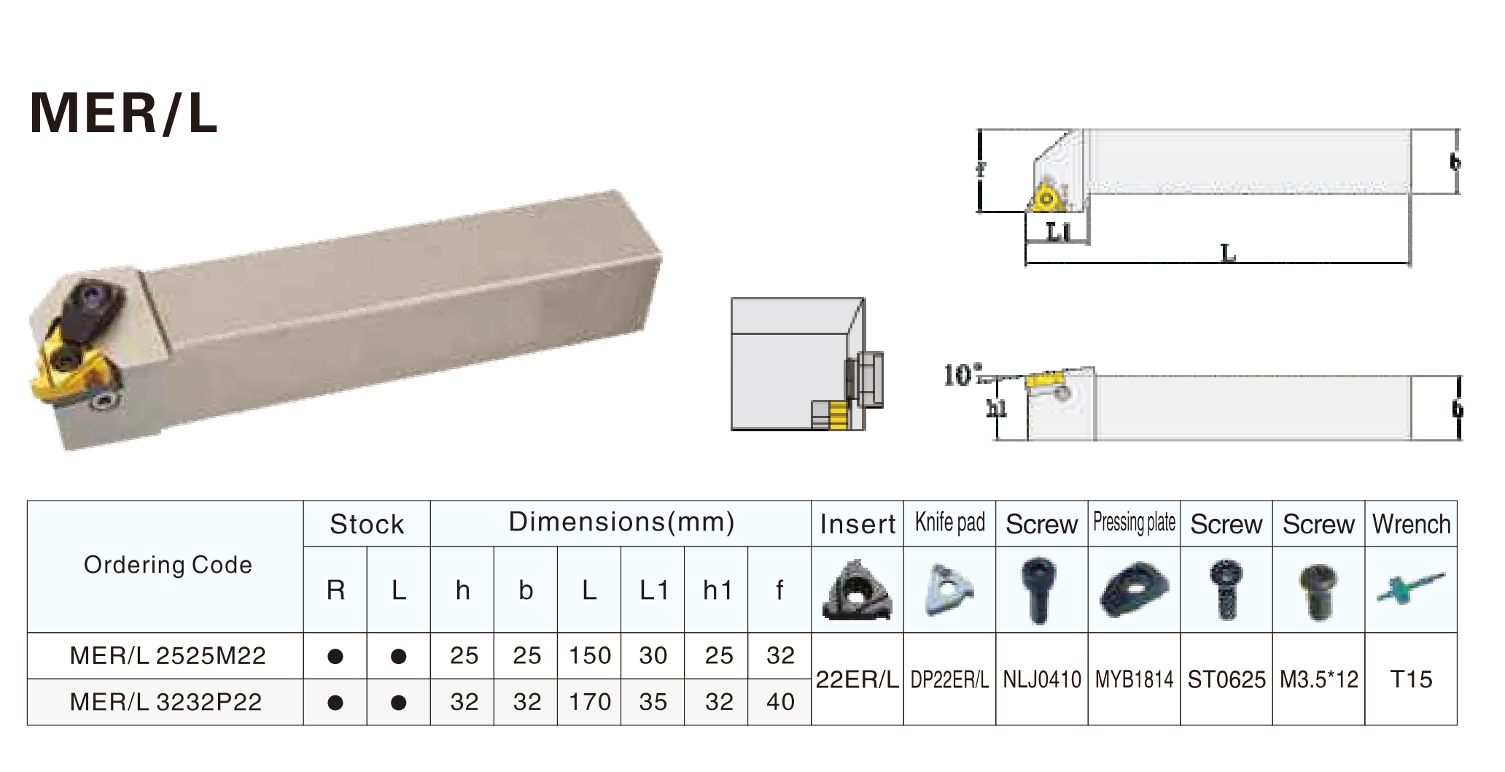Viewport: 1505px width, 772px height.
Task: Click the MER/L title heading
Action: pyautogui.click(x=124, y=113)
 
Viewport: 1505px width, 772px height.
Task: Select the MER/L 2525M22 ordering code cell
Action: pyautogui.click(x=168, y=655)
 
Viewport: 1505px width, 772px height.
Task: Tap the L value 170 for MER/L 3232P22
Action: pyautogui.click(x=589, y=702)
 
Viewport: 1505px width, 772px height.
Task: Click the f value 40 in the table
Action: pyautogui.click(x=779, y=702)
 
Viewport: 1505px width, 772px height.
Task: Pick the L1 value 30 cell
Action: pyautogui.click(x=653, y=655)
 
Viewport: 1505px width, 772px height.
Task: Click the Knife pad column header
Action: pyautogui.click(x=949, y=523)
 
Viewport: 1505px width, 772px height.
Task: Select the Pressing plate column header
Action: pyautogui.click(x=1134, y=523)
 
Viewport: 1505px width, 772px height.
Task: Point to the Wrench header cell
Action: pyautogui.click(x=1411, y=524)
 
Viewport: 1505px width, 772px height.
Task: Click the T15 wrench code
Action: pyautogui.click(x=1411, y=679)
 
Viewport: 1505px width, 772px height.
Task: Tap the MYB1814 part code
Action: pyautogui.click(x=1134, y=679)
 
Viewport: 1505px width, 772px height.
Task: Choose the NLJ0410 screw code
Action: pyautogui.click(x=1042, y=679)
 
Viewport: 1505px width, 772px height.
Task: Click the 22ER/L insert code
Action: pyautogui.click(x=857, y=679)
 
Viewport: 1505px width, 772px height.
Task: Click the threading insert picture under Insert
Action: pyautogui.click(x=857, y=590)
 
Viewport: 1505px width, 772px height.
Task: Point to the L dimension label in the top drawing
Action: pyautogui.click(x=1228, y=254)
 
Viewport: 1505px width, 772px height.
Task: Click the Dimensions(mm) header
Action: pyautogui.click(x=621, y=522)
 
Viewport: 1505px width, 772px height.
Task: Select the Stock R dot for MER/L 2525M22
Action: pyautogui.click(x=335, y=656)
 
